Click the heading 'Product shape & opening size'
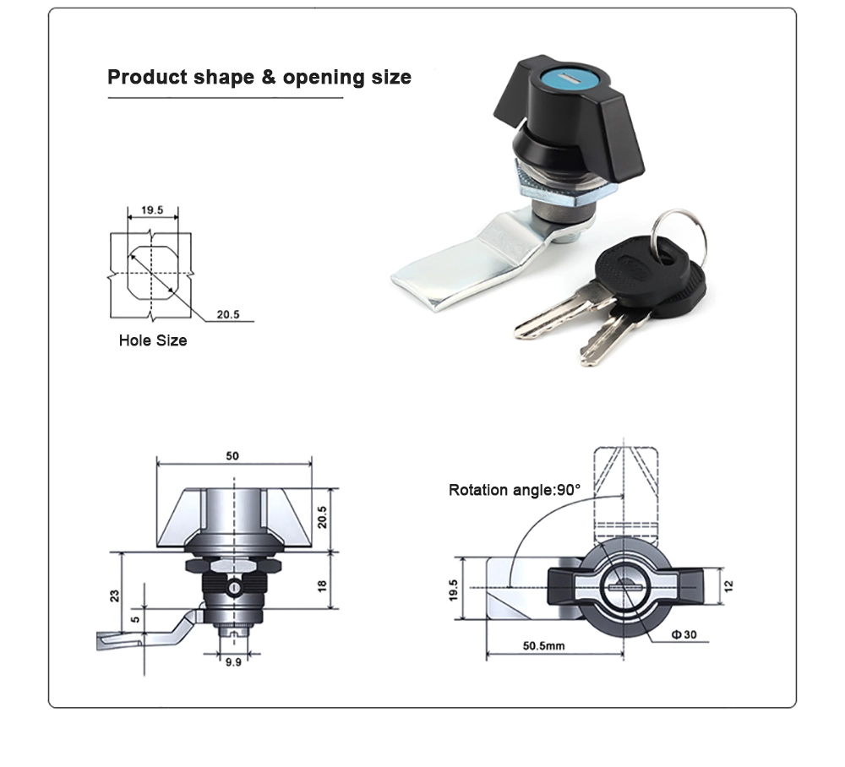(259, 78)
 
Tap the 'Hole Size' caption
(153, 341)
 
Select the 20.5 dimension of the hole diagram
(228, 314)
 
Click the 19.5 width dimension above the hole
(152, 209)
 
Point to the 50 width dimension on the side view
(232, 456)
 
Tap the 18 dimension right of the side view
(322, 585)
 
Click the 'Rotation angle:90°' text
(515, 490)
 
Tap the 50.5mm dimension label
(543, 645)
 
